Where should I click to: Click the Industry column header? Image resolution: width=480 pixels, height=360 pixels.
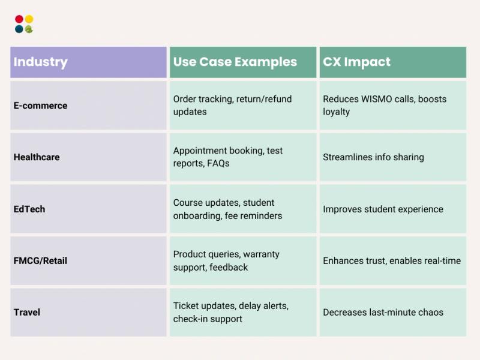pos(41,62)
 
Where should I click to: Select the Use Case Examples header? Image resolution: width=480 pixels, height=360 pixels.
pos(235,62)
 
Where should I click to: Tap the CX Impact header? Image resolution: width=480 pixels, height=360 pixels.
pos(356,62)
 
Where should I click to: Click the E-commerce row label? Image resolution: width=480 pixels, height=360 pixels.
pos(40,106)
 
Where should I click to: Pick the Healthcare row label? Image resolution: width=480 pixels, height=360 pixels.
pos(37,157)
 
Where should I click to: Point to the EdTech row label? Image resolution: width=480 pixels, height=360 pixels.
pos(29,209)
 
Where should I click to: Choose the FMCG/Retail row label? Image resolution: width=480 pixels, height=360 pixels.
pos(40,261)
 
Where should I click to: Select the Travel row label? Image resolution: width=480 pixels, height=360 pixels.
pos(26,313)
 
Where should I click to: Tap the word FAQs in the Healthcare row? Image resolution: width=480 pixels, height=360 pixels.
pos(218,163)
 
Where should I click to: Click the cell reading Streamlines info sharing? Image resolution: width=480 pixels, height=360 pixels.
pos(373,157)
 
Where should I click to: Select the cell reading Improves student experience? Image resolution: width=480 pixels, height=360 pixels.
pos(383,209)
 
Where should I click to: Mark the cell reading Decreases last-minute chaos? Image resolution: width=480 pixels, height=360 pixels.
pos(383,313)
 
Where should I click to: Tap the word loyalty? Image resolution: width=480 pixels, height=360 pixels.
pos(336,112)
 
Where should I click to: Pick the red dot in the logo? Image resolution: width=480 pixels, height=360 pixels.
pos(19,19)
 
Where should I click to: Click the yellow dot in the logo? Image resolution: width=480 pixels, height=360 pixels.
pos(29,19)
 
